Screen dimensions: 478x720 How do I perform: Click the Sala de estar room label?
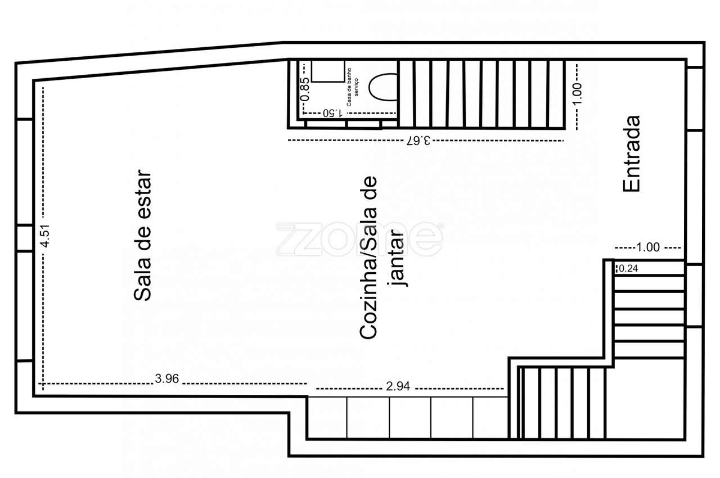143,236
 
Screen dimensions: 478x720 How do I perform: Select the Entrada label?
632,154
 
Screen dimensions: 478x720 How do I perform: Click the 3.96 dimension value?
166,379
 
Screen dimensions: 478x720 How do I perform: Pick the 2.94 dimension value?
398,386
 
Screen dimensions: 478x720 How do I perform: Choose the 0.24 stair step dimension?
628,269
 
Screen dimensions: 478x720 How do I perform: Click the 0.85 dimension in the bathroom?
304,89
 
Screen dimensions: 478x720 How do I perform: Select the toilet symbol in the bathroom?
383,87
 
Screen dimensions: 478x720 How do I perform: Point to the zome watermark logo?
359,238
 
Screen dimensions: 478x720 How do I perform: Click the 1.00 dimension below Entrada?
647,247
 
